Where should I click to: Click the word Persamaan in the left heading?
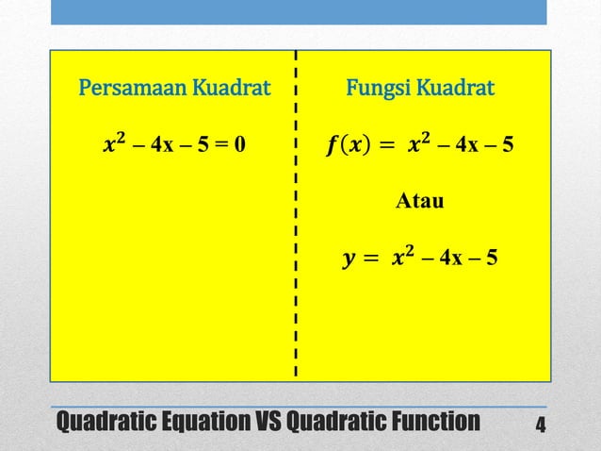pyautogui.click(x=133, y=92)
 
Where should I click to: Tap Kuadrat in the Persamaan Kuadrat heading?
pyautogui.click(x=231, y=92)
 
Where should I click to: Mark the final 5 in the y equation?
pyautogui.click(x=493, y=258)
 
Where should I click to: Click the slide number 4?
pyautogui.click(x=540, y=422)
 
